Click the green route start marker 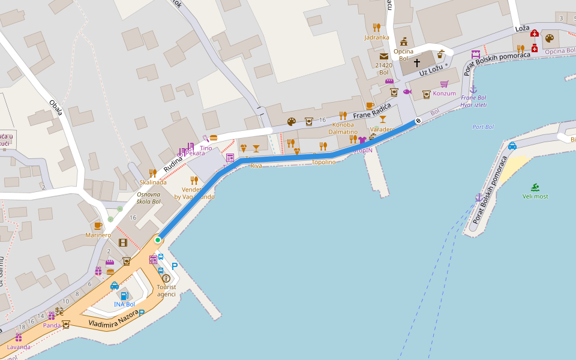pyautogui.click(x=158, y=240)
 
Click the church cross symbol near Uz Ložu pyautogui.click(x=417, y=62)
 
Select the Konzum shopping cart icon pyautogui.click(x=444, y=84)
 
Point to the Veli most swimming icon pyautogui.click(x=535, y=187)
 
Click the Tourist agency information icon pyautogui.click(x=166, y=278)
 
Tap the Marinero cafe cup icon pyautogui.click(x=98, y=226)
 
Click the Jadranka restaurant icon pyautogui.click(x=376, y=27)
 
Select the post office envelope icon pyautogui.click(x=384, y=56)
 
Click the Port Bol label pyautogui.click(x=482, y=127)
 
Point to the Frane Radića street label pyautogui.click(x=372, y=111)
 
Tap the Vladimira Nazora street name pyautogui.click(x=113, y=318)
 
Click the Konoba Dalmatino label pyautogui.click(x=343, y=128)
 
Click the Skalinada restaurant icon pyautogui.click(x=152, y=173)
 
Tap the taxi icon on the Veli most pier pyautogui.click(x=512, y=146)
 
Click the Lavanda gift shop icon pyautogui.click(x=19, y=338)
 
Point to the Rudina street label pyautogui.click(x=173, y=162)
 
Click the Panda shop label pyautogui.click(x=52, y=325)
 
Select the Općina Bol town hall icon pyautogui.click(x=404, y=41)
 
